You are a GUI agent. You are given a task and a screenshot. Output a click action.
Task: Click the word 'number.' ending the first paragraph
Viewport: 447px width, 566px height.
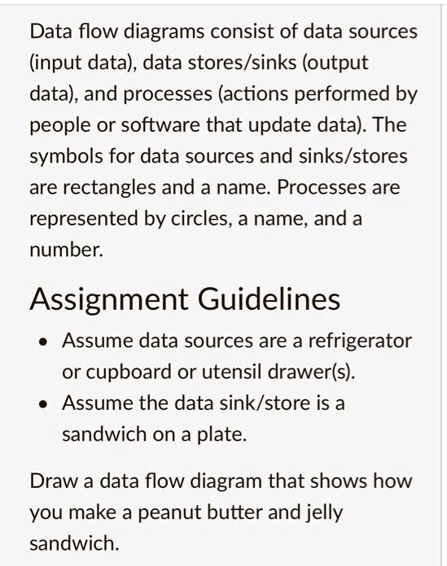pyautogui.click(x=66, y=251)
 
